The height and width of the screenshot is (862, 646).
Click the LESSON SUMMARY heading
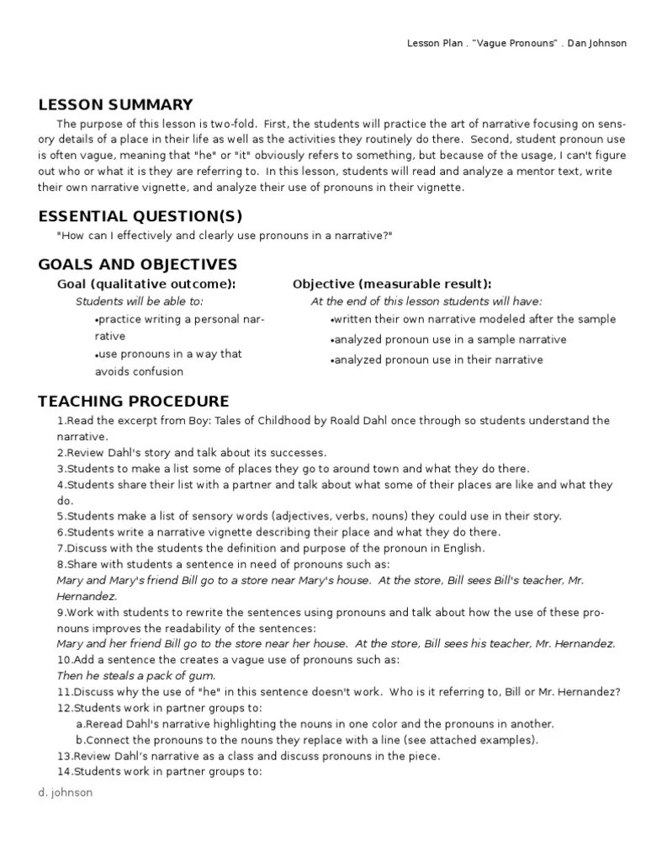pos(115,105)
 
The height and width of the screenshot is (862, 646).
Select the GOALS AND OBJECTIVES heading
pos(138,265)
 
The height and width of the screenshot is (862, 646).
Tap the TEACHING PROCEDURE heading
pos(134,402)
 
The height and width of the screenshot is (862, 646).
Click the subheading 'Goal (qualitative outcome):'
pos(146,285)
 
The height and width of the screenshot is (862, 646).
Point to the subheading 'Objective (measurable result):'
pos(392,285)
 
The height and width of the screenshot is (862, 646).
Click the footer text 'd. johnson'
pos(66,792)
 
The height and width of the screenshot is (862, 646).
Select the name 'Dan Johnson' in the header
pos(596,43)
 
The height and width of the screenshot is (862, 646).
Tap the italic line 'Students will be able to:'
pos(140,301)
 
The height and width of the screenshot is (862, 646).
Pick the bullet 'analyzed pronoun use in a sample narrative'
pos(449,340)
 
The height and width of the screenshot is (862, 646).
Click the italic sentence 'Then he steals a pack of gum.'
pos(136,676)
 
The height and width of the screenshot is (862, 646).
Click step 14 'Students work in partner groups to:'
pos(160,772)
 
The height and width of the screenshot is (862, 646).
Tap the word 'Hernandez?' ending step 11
pos(590,693)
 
